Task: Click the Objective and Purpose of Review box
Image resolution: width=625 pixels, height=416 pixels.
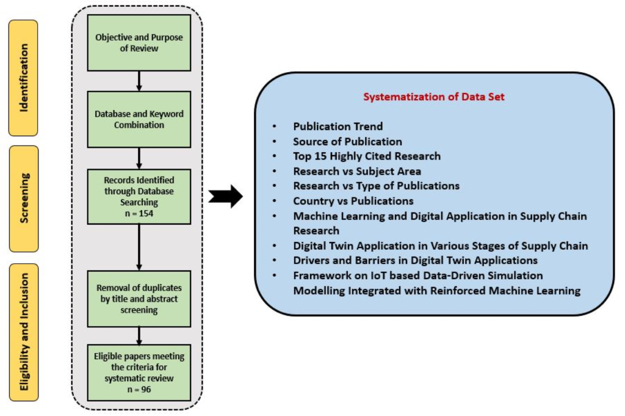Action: tap(139, 43)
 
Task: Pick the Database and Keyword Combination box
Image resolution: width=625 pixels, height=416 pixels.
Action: tap(139, 119)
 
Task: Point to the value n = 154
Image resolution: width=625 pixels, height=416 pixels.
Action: tap(139, 213)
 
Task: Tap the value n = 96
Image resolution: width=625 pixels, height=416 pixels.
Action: tap(139, 388)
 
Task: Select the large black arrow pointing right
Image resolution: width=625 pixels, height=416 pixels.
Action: tap(225, 197)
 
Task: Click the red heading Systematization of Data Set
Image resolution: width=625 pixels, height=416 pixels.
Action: tap(434, 97)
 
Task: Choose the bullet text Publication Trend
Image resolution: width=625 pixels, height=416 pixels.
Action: tap(338, 126)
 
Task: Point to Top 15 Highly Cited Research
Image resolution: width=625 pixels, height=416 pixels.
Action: tap(367, 156)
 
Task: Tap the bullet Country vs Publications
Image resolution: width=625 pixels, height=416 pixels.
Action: tap(353, 201)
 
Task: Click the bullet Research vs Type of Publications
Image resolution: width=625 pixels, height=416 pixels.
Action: tap(376, 186)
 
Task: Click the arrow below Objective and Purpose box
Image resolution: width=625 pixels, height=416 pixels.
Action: tap(140, 81)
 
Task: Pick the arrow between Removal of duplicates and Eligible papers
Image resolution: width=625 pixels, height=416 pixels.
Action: tap(140, 335)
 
